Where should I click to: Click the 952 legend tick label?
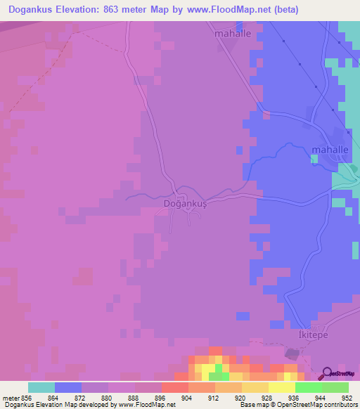(x=347, y=397)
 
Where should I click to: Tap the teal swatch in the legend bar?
(x=41, y=387)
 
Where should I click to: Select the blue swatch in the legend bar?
(x=68, y=387)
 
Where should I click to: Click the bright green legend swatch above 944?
(x=309, y=387)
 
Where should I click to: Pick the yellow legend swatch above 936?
(x=282, y=387)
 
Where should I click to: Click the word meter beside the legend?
(x=11, y=397)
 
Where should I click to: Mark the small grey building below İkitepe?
(x=292, y=353)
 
